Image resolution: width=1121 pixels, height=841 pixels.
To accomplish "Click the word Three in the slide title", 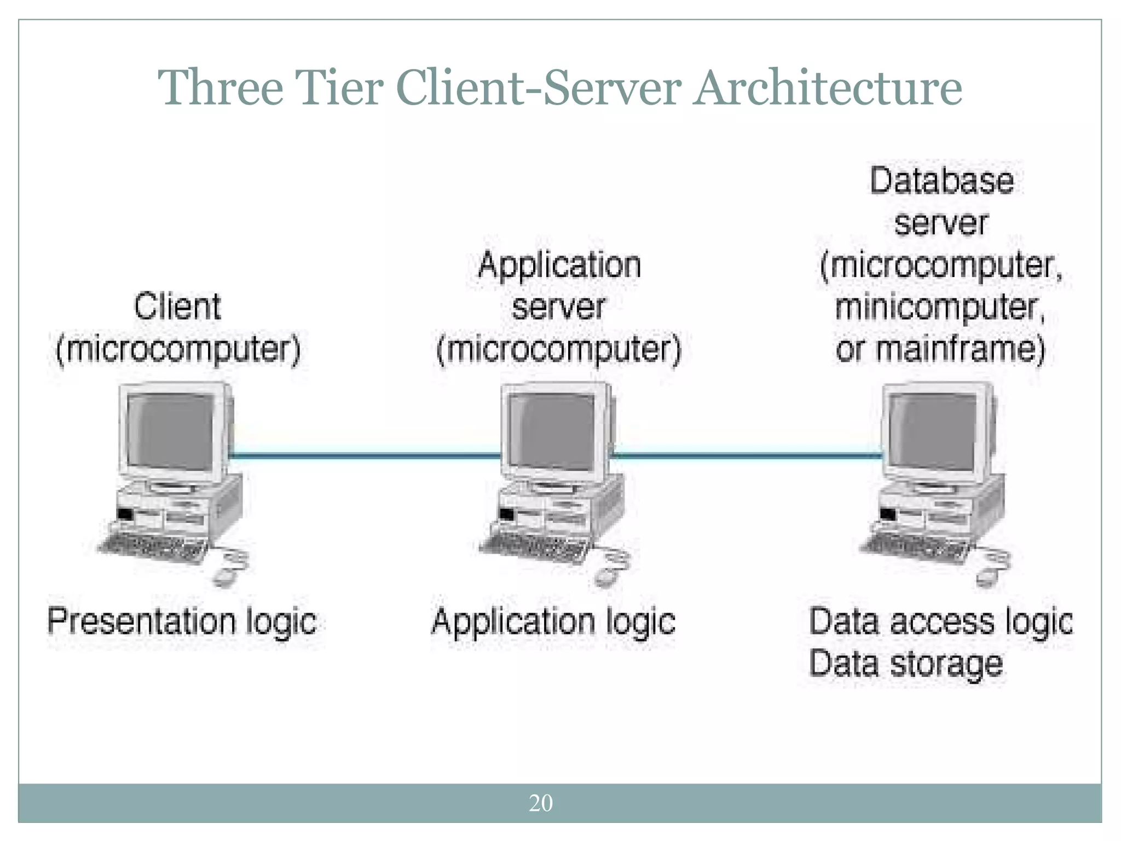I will point(220,88).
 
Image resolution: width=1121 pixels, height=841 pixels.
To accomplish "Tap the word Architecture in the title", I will point(828,88).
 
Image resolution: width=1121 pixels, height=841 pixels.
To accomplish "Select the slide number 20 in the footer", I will point(541,803).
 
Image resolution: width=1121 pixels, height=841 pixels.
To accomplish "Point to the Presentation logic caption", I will point(182,622).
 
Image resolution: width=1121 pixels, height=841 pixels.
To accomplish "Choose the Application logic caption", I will point(553,622).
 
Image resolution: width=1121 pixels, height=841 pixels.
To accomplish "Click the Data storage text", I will point(905,664).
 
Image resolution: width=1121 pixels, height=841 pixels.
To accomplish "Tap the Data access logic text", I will point(940,622).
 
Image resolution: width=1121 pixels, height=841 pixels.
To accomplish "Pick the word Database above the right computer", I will point(941,181).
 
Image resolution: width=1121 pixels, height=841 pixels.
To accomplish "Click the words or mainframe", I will point(939,349).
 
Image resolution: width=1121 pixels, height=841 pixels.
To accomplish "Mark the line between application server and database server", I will point(748,454).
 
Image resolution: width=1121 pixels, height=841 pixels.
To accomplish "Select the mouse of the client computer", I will point(224,576).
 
